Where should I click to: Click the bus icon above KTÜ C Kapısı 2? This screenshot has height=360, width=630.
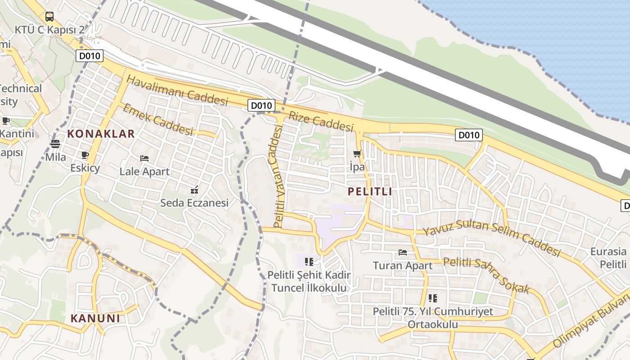tap(49, 17)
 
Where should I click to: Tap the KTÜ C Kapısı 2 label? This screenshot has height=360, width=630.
tap(49, 30)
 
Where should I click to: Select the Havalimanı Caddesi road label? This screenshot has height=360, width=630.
tap(177, 90)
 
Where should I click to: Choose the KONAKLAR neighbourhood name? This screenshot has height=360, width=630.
tap(101, 134)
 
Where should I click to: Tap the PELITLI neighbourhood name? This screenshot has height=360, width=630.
tap(369, 191)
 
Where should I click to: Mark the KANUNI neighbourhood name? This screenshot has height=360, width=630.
tap(95, 319)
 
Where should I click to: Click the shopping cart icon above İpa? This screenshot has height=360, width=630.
tap(357, 154)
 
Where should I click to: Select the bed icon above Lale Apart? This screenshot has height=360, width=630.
tap(144, 158)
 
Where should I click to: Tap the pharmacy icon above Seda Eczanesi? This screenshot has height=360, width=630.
tap(194, 190)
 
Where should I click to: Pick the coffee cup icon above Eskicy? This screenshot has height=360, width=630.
tap(85, 155)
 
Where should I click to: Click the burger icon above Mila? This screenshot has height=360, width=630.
tap(55, 144)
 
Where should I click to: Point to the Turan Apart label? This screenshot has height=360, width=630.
tap(402, 265)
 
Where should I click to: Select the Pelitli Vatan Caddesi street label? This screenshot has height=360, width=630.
tap(279, 176)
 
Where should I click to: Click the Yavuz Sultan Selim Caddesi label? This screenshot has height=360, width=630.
tap(491, 238)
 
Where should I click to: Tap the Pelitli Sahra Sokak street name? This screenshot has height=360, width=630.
tap(486, 275)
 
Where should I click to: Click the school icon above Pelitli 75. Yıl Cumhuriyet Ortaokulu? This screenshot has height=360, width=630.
tap(432, 298)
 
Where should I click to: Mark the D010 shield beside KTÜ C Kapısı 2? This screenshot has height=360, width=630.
tap(90, 56)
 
